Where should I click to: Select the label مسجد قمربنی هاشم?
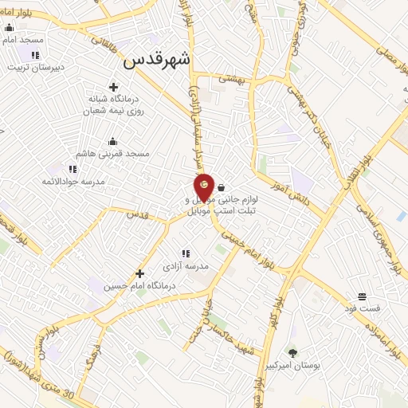[x=112, y=153]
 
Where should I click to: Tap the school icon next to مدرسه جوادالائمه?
[x=73, y=169]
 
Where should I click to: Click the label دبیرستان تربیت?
[x=34, y=67]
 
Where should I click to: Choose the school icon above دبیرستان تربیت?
[x=35, y=55]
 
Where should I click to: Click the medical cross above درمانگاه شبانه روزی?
[x=113, y=87]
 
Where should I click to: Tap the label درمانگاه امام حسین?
[x=105, y=285]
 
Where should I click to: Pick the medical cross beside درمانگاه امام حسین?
[x=140, y=273]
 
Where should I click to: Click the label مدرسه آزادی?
[x=186, y=266]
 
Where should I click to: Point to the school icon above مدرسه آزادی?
[x=186, y=253]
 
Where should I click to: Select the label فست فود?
[x=362, y=308]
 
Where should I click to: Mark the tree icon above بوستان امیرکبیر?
[x=292, y=352]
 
